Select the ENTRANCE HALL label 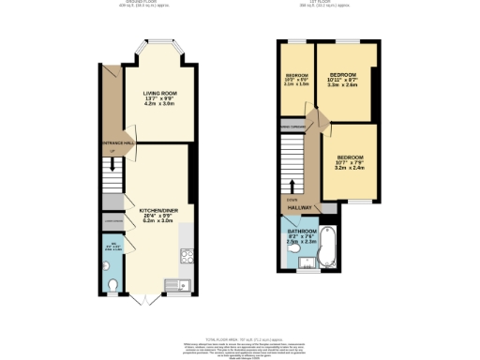click(x=113, y=143)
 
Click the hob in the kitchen click(x=186, y=251)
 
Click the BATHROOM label click(x=303, y=231)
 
